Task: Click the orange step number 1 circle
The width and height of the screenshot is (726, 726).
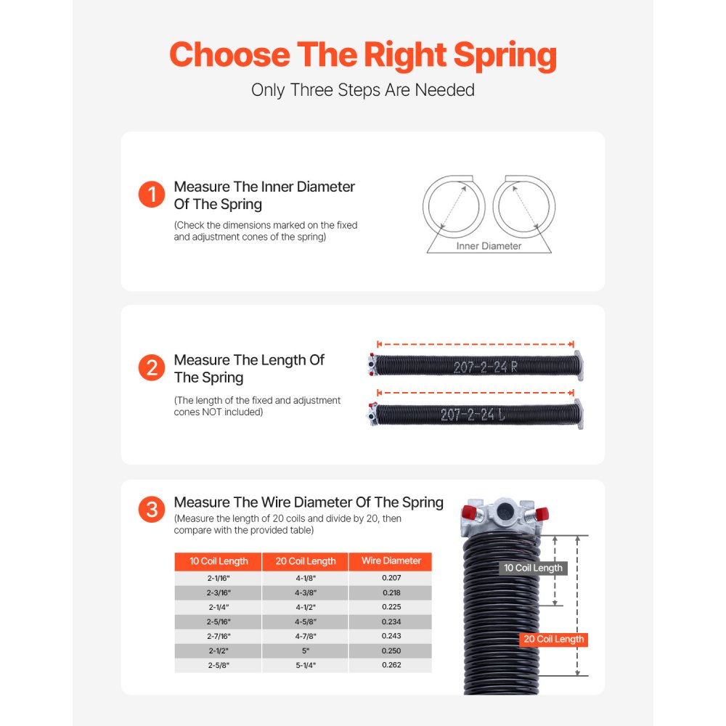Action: tap(152, 195)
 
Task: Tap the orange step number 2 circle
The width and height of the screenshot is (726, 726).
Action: tap(152, 368)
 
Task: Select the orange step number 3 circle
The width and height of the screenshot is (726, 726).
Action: tap(152, 510)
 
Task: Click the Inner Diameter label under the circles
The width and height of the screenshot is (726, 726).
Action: tap(489, 246)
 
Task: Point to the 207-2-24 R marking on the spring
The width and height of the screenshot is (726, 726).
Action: tap(486, 367)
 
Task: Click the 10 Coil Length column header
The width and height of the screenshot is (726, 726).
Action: tap(219, 561)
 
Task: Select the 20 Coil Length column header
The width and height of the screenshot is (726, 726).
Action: tap(306, 561)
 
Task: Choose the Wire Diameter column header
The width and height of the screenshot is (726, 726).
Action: tap(391, 561)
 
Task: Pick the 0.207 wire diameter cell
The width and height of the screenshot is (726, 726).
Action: tap(391, 578)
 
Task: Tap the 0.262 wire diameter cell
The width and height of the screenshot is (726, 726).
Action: tap(391, 665)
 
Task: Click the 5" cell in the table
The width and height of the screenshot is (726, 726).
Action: tap(306, 650)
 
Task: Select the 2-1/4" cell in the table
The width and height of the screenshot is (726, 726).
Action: tap(219, 607)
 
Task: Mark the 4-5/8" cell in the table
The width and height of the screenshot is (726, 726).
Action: tap(306, 621)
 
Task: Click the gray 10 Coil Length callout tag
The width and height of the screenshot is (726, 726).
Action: tap(534, 568)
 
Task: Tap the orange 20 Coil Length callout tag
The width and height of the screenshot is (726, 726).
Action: tap(553, 640)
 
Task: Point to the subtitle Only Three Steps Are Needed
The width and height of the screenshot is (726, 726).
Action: tap(363, 90)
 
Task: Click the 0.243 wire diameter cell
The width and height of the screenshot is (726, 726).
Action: tap(391, 636)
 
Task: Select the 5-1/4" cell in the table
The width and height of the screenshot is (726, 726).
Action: tap(306, 665)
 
